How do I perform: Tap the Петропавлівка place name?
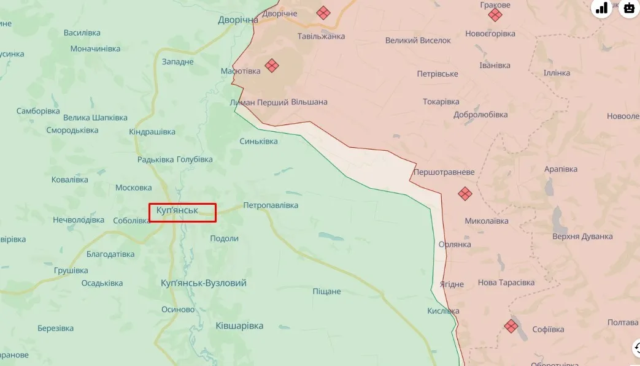pyautogui.click(x=271, y=205)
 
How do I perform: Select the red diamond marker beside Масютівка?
pyautogui.click(x=272, y=65)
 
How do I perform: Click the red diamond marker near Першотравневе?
pyautogui.click(x=465, y=194)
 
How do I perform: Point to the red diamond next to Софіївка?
pyautogui.click(x=511, y=326)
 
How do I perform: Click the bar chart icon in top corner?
pyautogui.click(x=601, y=8)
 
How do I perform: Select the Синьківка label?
pyautogui.click(x=258, y=142)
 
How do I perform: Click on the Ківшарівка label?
pyautogui.click(x=239, y=326)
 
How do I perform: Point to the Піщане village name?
pyautogui.click(x=326, y=291)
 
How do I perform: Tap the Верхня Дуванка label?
pyautogui.click(x=582, y=237)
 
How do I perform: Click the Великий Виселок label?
pyautogui.click(x=418, y=40)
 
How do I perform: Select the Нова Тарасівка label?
pyautogui.click(x=506, y=283)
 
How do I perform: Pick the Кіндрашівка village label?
pyautogui.click(x=152, y=132)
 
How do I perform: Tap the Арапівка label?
pyautogui.click(x=561, y=169)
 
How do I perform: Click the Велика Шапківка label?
pyautogui.click(x=95, y=118)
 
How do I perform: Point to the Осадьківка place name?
pyautogui.click(x=102, y=283)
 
